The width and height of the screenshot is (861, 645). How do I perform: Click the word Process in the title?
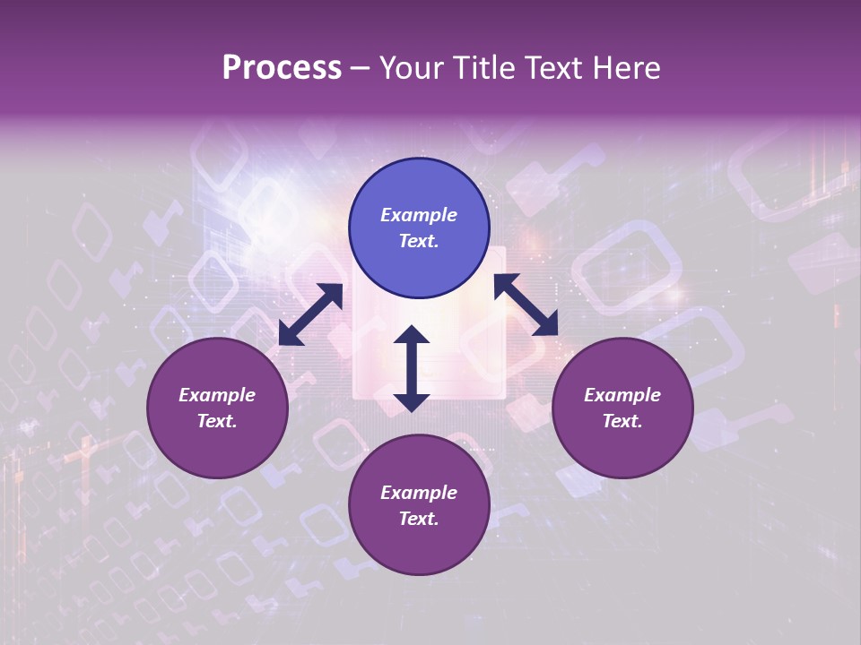click(x=282, y=68)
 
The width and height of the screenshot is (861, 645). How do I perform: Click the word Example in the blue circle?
click(x=419, y=215)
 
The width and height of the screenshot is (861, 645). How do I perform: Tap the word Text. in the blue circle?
click(x=419, y=241)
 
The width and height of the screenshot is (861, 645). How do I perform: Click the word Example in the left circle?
click(x=217, y=395)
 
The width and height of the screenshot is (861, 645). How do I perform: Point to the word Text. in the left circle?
click(x=217, y=421)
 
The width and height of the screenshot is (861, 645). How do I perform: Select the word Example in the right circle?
click(x=622, y=395)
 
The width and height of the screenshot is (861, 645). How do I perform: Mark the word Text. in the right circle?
click(x=622, y=421)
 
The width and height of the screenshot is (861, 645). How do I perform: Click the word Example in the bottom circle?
click(x=419, y=493)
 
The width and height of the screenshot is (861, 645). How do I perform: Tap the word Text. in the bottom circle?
click(x=419, y=519)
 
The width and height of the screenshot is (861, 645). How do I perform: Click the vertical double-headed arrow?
click(x=412, y=368)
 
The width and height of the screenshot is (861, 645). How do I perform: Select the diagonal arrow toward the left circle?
click(x=310, y=314)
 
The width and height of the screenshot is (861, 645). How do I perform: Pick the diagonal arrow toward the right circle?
click(x=526, y=305)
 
